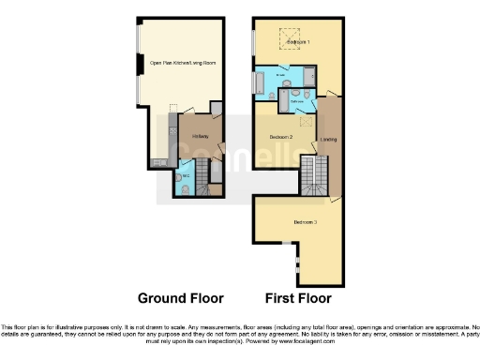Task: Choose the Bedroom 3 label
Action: pos(305,221)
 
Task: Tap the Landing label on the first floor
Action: pos(329,140)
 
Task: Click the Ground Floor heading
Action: pos(181,298)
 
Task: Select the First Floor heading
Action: pos(298,298)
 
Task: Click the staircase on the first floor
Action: pos(317,174)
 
